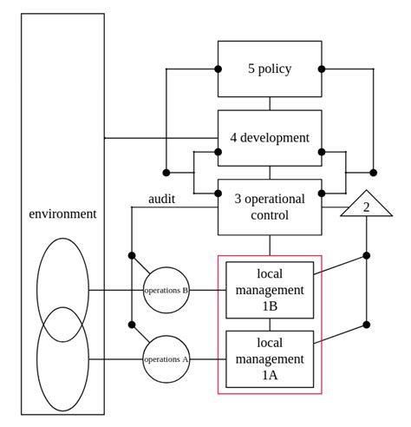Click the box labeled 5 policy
click(x=270, y=69)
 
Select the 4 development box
click(x=270, y=137)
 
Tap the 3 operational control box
click(x=270, y=207)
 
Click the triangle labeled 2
click(x=366, y=207)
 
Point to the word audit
click(x=161, y=199)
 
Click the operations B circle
click(x=166, y=290)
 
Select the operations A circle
click(x=166, y=358)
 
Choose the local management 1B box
click(x=270, y=290)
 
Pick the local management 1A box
click(x=270, y=358)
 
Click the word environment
click(x=62, y=213)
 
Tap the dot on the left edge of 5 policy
click(x=219, y=69)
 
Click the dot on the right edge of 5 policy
click(x=322, y=69)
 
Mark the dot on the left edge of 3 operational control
click(x=219, y=193)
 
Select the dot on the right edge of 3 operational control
click(x=322, y=193)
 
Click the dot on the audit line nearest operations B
click(x=132, y=255)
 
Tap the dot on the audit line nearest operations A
click(x=132, y=324)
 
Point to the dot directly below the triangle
click(x=366, y=255)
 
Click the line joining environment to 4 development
click(x=160, y=137)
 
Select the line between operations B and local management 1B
click(x=208, y=290)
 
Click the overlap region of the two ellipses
click(x=62, y=325)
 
